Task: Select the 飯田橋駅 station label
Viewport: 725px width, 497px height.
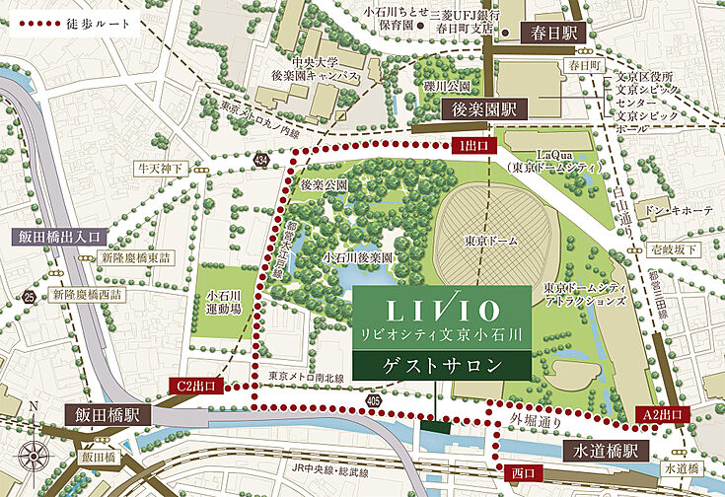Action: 102,414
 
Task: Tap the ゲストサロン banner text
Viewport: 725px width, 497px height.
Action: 440,365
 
